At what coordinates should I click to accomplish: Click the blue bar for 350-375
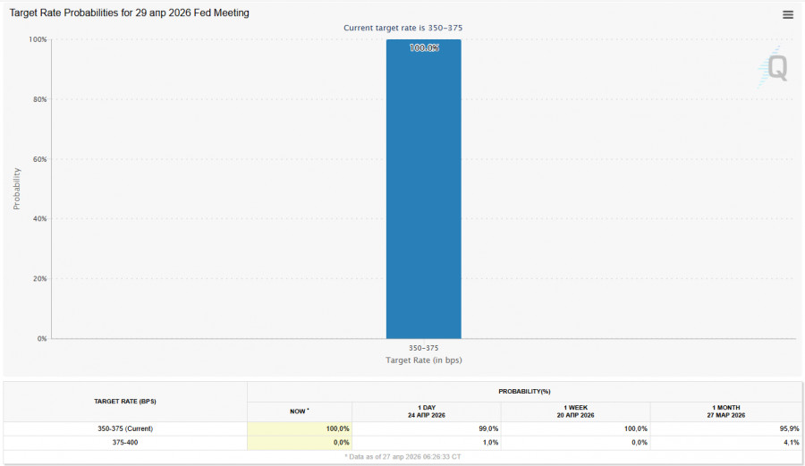(423, 197)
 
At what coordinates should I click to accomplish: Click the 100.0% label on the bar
(424, 48)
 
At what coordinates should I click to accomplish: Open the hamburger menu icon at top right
(788, 14)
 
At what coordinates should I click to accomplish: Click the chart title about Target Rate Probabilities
(130, 13)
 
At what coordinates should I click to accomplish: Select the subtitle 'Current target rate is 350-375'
(402, 28)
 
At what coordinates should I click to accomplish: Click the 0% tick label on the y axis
(40, 339)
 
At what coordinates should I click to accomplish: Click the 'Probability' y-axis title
(17, 188)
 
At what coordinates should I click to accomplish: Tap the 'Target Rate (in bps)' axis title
(423, 360)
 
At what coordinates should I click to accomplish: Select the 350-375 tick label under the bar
(423, 347)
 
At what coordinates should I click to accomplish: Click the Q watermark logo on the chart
(776, 69)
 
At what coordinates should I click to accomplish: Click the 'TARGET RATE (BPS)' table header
(125, 401)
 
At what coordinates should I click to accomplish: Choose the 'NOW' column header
(299, 411)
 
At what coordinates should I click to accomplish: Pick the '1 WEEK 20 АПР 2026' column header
(575, 411)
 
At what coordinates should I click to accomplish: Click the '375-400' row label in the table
(125, 442)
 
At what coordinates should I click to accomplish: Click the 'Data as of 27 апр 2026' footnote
(402, 456)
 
